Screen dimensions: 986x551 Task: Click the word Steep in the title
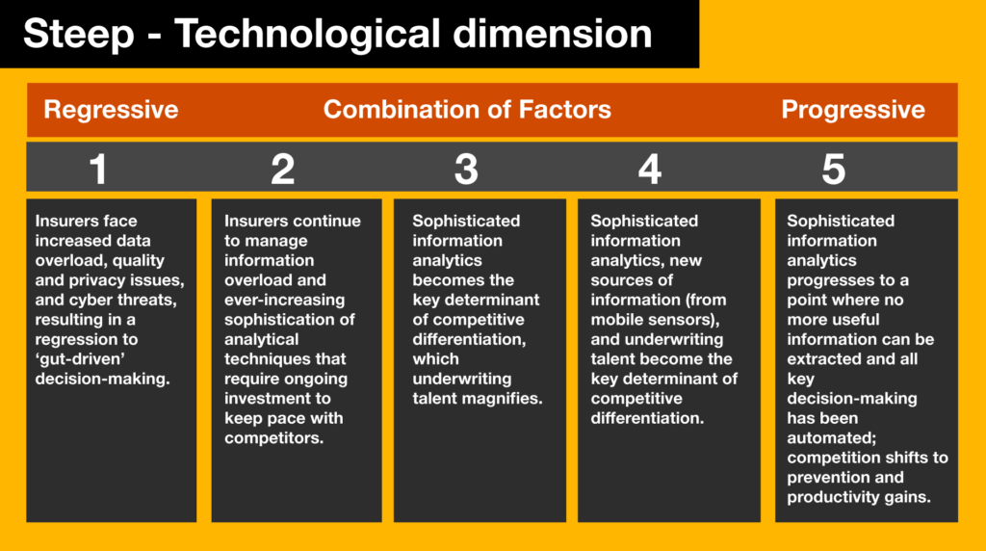click(79, 34)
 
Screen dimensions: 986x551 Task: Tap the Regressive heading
click(111, 110)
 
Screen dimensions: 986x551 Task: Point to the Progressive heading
click(853, 110)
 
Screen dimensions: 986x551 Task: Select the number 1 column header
click(97, 170)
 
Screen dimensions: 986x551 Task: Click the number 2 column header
click(282, 170)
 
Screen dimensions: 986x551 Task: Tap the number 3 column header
click(466, 170)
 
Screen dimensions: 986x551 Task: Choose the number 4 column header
click(650, 170)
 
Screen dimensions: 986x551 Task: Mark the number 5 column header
click(833, 170)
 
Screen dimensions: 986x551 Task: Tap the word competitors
click(273, 437)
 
